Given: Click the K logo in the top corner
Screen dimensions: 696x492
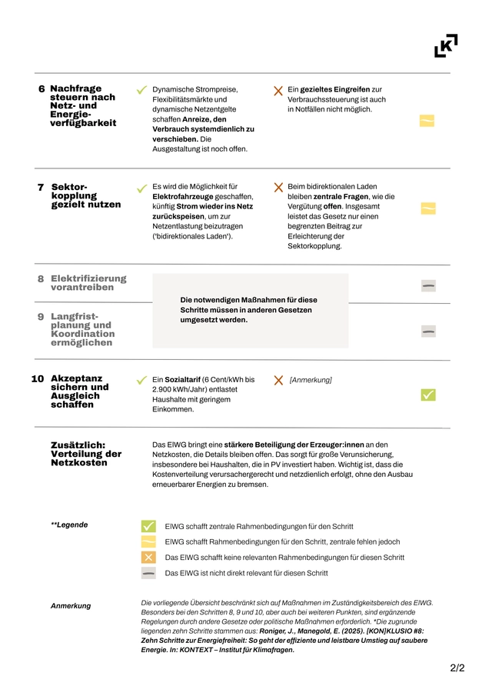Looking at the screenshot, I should point(446,45).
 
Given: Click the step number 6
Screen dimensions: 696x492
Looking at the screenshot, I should point(42,89).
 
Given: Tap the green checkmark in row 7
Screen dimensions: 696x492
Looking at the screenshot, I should point(141,188).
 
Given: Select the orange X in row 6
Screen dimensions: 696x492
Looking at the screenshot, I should point(278,91).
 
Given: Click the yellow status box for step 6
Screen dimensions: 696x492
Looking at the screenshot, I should point(427,121).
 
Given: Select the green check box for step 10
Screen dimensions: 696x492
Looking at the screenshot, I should point(428,395).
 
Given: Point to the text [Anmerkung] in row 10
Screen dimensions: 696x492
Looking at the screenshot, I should point(311,380).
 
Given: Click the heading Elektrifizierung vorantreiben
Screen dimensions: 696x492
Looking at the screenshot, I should point(88,283).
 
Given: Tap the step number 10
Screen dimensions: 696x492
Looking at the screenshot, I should point(38,379).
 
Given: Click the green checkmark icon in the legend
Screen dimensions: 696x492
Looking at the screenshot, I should point(148,526).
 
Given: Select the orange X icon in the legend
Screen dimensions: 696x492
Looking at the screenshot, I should point(148,558).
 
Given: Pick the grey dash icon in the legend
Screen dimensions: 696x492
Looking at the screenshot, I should point(148,573).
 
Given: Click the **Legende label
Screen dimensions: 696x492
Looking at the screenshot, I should point(69,525).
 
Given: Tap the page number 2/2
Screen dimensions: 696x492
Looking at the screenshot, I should point(457,668).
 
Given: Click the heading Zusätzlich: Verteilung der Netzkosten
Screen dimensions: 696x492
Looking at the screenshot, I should point(86,454).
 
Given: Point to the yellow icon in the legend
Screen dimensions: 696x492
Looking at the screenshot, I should point(148,541).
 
